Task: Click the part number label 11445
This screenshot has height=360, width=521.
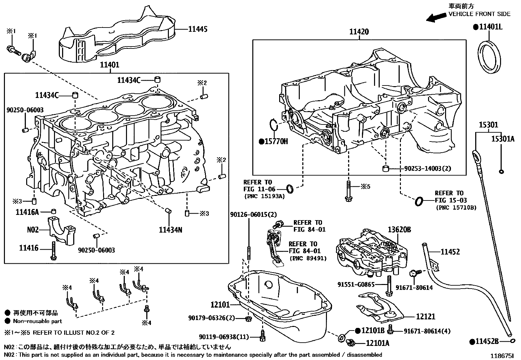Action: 198,29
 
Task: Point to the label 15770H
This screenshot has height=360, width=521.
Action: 276,142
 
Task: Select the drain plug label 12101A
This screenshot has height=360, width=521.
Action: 378,343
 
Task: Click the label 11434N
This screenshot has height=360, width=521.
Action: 170,230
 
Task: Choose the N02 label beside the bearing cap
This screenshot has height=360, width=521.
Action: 33,230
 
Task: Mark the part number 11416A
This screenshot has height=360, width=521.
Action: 27,212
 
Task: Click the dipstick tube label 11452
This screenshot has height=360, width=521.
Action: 450,252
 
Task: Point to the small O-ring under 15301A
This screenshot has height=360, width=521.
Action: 501,171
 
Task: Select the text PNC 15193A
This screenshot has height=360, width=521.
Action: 264,197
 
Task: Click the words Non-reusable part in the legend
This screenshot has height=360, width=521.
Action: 37,321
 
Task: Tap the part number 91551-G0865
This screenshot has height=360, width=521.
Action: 356,285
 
